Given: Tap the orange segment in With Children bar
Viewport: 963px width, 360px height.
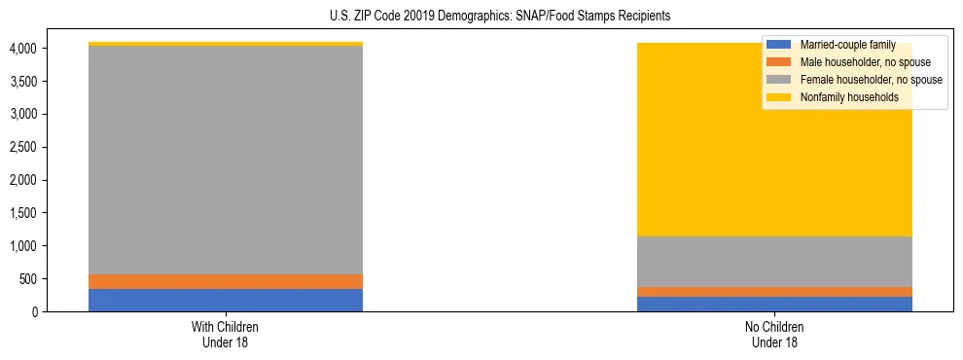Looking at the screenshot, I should (x=226, y=281).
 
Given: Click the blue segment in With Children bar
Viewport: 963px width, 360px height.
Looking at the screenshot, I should (x=226, y=300).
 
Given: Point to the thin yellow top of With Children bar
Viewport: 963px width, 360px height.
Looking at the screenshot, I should (x=226, y=44).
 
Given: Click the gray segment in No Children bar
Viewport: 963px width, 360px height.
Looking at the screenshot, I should (x=774, y=261).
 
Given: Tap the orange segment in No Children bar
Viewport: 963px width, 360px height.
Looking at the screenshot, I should (x=774, y=291).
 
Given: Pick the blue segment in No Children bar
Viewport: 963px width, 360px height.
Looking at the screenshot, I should (x=774, y=304).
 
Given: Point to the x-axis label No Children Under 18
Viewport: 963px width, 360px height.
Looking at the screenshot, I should (x=774, y=334).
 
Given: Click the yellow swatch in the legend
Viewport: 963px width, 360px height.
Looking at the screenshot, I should (x=779, y=97).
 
